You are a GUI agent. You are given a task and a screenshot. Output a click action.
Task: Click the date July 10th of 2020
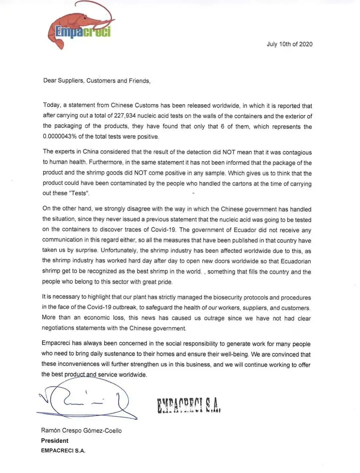pyautogui.click(x=289, y=44)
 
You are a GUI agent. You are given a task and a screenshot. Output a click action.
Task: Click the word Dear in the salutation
pyautogui.click(x=50, y=80)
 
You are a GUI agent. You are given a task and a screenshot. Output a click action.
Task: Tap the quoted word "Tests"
pyautogui.click(x=79, y=193)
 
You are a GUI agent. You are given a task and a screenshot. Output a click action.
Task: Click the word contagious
pyautogui.click(x=297, y=152)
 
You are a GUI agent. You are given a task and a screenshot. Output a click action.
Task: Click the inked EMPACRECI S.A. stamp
pyautogui.click(x=189, y=405)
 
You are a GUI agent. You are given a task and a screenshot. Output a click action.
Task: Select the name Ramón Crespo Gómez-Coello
pyautogui.click(x=81, y=431)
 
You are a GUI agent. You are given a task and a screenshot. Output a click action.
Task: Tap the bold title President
pyautogui.click(x=55, y=441)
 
